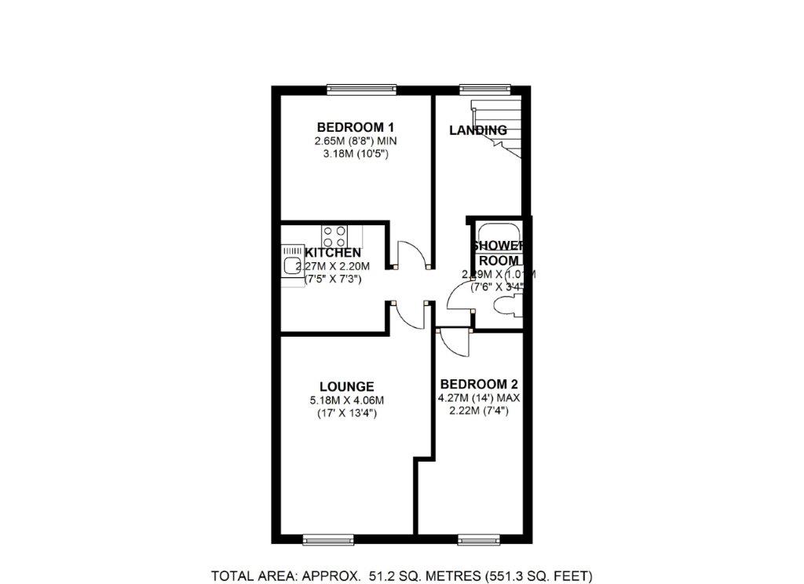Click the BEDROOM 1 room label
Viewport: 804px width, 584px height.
pyautogui.click(x=355, y=127)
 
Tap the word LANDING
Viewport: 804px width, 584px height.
pyautogui.click(x=477, y=130)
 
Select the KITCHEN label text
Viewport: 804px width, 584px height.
pyautogui.click(x=332, y=253)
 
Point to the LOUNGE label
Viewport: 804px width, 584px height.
pyautogui.click(x=346, y=386)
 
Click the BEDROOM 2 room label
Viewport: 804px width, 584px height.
pyautogui.click(x=479, y=384)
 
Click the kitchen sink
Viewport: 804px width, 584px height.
pyautogui.click(x=292, y=265)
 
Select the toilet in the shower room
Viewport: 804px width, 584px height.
pyautogui.click(x=506, y=309)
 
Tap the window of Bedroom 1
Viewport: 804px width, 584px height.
pyautogui.click(x=360, y=89)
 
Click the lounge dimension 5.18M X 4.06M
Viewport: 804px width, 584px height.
pyautogui.click(x=346, y=400)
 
